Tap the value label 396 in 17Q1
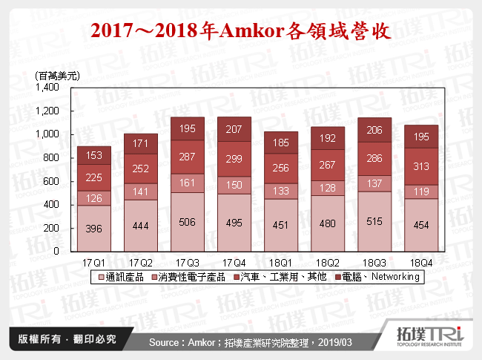[x=94, y=228]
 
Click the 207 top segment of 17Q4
[x=234, y=130]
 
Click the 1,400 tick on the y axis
[x=47, y=88]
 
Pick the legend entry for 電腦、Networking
[x=374, y=277]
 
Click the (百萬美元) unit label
[x=57, y=76]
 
